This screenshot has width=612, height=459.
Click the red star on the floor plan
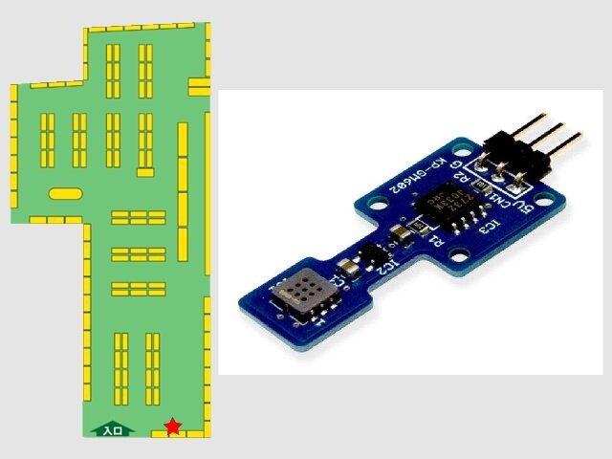(172, 426)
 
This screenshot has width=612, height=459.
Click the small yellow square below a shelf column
(145, 172)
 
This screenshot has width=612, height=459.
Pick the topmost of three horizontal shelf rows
(139, 218)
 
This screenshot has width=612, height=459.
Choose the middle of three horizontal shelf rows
(139, 253)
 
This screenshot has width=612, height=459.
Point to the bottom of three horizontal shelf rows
(139, 288)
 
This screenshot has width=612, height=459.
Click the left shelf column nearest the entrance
(120, 367)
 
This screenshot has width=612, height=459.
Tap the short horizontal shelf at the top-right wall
(199, 86)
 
